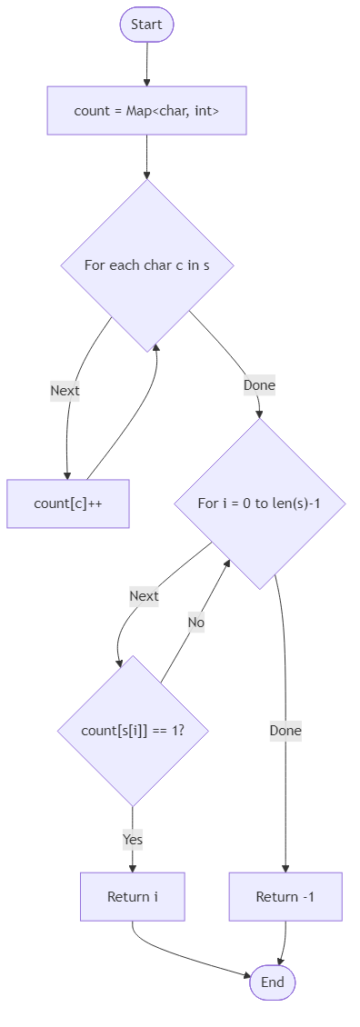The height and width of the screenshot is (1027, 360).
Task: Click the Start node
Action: [x=146, y=25]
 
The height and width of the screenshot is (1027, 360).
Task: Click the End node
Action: [x=272, y=982]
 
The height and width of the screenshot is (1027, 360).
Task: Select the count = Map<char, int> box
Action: [x=146, y=111]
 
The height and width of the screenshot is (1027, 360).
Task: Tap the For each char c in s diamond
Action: [x=146, y=265]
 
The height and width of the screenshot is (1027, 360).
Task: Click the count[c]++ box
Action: [x=67, y=503]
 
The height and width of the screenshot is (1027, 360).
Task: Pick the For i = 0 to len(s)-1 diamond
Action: [x=259, y=503]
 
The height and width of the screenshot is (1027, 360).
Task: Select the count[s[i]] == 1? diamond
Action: [x=133, y=730]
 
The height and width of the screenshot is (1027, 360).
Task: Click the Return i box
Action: [x=133, y=896]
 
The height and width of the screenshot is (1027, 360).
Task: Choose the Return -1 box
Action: [x=285, y=896]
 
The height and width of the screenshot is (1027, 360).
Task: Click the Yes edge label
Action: [x=133, y=840]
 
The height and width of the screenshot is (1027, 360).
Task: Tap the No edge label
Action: [x=195, y=623]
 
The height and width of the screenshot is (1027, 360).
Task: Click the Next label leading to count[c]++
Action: [x=65, y=391]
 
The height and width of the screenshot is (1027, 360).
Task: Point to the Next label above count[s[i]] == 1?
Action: [x=144, y=596]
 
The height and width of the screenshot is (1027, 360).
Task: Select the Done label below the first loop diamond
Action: [x=259, y=385]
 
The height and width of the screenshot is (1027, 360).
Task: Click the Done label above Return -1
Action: [x=285, y=730]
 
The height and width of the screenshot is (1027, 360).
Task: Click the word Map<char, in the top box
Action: [x=164, y=111]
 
